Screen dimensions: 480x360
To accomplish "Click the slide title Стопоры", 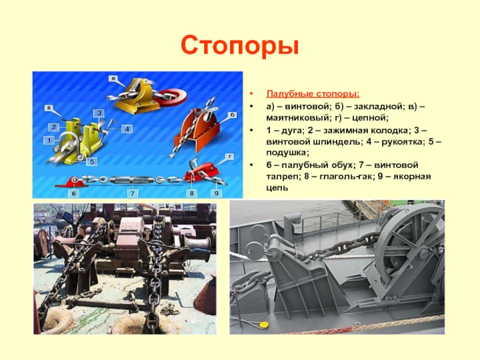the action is coord(239,46).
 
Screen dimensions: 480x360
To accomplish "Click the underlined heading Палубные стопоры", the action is coord(313,94).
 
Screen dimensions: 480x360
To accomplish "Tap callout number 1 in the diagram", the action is coord(49,140).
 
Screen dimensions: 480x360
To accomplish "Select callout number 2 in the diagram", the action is coord(53,127).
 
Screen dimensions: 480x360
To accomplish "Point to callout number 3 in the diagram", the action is coord(99,113).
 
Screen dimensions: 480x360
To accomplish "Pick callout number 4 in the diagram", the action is coord(127,128).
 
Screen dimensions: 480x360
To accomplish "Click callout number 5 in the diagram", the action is coord(92,161).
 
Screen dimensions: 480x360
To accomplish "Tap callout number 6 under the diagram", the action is coord(74,193).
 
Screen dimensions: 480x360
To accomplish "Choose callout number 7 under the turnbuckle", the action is coord(133,193).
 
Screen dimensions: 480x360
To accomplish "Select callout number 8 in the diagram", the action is coord(191,193).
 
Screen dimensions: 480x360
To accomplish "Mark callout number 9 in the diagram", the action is coord(217,193).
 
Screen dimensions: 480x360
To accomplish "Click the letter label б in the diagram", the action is coord(232,115).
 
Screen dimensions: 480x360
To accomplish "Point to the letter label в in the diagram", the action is coord(113,79).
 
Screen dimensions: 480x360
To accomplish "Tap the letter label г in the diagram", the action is coord(230,157).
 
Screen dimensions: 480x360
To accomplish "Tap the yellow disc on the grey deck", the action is coord(263,324).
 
